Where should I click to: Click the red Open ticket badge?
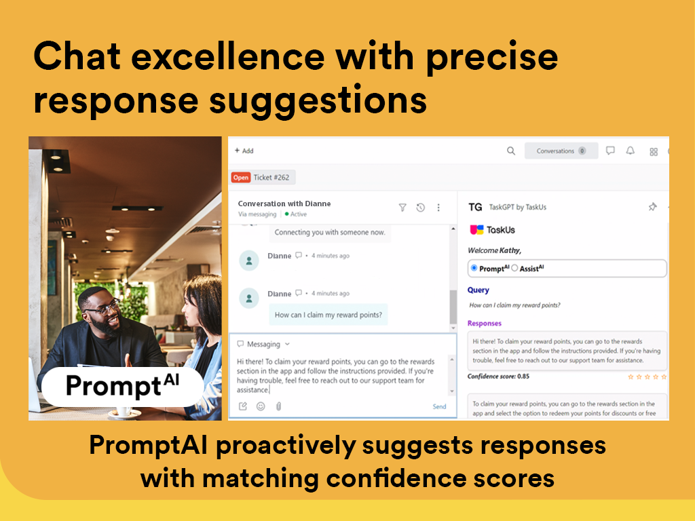(x=241, y=178)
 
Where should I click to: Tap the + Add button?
(x=244, y=151)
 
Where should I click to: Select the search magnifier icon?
(x=511, y=151)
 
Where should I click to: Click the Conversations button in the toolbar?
(x=561, y=151)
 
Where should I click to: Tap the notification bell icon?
(x=631, y=151)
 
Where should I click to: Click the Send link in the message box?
(x=439, y=406)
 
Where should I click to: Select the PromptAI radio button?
(x=474, y=268)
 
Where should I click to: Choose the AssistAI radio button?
(x=514, y=268)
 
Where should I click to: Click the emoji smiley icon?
(x=261, y=406)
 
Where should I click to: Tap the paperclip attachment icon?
(x=278, y=406)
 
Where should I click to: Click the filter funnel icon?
(x=402, y=208)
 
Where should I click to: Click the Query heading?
(x=478, y=290)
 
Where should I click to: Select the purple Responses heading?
(x=485, y=324)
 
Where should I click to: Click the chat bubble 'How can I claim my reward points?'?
(x=328, y=315)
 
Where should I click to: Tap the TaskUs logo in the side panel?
(x=493, y=229)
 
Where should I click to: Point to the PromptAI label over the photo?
(x=122, y=386)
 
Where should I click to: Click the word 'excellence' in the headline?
(x=228, y=57)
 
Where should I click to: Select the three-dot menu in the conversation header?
(x=438, y=208)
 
